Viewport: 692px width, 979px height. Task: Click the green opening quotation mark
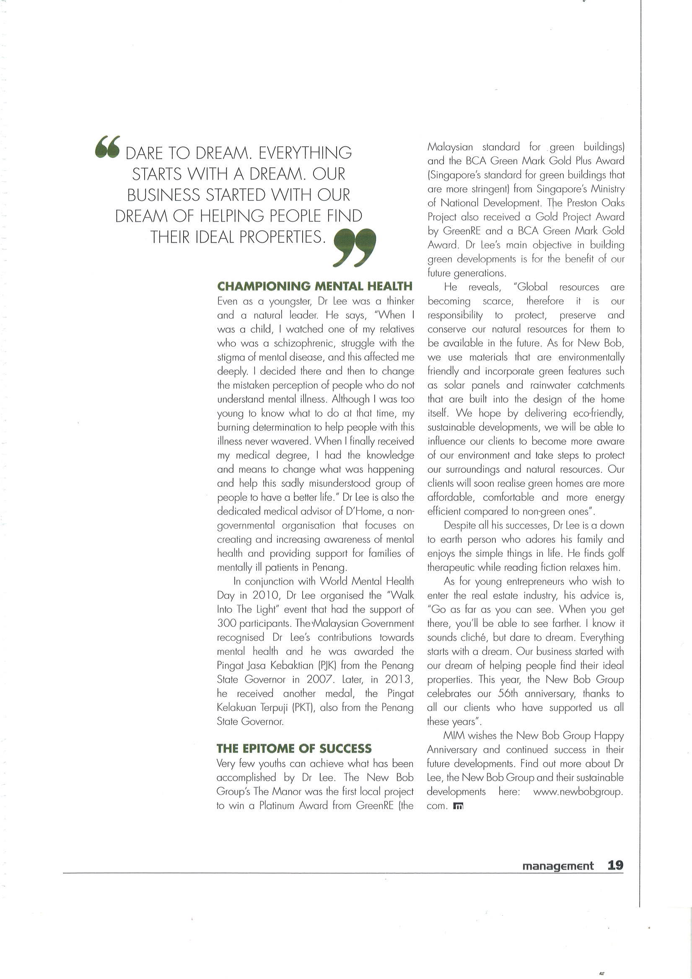(107, 147)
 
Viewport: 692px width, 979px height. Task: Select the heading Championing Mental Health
(315, 286)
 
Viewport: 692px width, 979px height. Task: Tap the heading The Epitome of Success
(294, 748)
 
